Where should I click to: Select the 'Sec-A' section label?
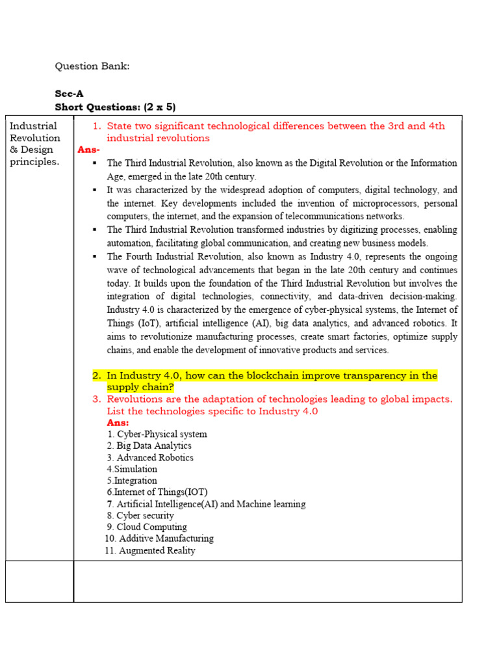tap(69, 94)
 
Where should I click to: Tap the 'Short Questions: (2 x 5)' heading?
tap(115, 107)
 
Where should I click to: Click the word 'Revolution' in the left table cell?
tap(35, 138)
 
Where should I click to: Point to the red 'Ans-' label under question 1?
tap(88, 150)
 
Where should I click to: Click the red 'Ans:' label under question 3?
tap(118, 423)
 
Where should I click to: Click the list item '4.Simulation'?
tap(132, 469)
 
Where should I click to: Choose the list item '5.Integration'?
tap(132, 481)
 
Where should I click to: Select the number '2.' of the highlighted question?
tap(97, 376)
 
